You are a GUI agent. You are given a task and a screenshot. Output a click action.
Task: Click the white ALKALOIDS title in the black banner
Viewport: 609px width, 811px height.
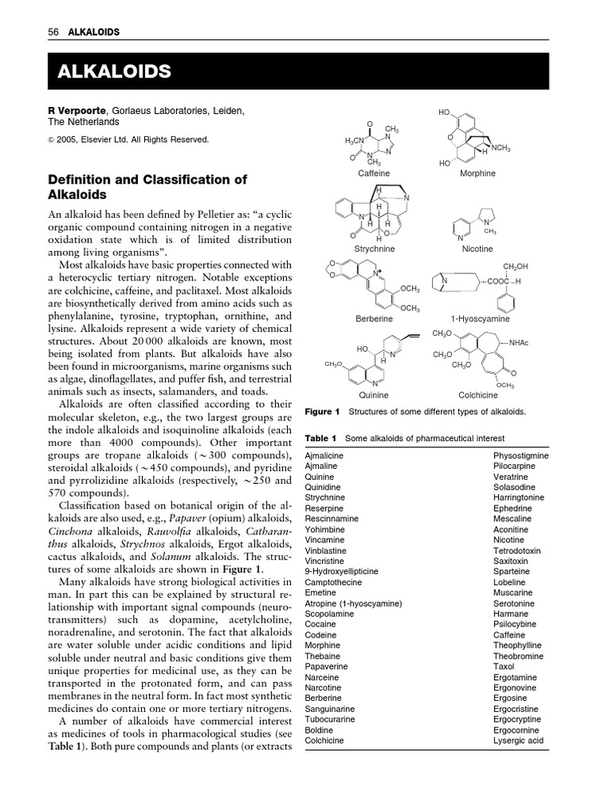(114, 72)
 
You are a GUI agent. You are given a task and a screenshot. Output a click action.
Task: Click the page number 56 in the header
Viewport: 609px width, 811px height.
(54, 32)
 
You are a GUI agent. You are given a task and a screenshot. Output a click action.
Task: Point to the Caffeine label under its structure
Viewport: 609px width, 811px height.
(374, 173)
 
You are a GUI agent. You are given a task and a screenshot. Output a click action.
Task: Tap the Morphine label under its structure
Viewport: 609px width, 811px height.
(477, 173)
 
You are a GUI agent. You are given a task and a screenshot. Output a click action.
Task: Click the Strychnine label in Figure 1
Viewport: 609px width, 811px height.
(374, 249)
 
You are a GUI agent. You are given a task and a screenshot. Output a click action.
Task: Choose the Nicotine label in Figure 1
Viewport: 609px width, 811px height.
(477, 249)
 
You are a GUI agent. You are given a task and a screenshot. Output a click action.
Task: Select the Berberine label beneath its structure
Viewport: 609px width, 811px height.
(374, 319)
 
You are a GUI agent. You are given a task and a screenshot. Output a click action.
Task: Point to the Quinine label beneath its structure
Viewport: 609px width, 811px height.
(374, 394)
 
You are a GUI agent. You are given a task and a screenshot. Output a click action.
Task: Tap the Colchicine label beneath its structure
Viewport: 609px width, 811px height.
(478, 394)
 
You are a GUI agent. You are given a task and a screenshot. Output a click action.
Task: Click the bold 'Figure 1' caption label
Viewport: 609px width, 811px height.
(322, 412)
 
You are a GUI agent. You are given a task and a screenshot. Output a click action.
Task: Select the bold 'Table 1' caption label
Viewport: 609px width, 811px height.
(321, 438)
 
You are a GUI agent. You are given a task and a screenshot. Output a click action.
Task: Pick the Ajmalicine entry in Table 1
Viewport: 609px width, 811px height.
(324, 456)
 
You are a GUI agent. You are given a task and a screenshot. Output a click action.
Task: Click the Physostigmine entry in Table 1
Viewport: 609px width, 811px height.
(520, 456)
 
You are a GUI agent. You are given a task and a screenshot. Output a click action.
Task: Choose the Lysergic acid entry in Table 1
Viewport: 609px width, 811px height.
(518, 741)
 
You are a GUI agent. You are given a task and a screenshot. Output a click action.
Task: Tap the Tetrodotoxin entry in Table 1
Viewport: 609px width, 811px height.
(517, 550)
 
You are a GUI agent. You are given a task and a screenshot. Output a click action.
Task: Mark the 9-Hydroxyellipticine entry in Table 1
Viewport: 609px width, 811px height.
(342, 571)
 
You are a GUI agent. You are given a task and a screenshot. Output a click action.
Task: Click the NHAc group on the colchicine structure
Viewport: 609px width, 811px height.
(519, 342)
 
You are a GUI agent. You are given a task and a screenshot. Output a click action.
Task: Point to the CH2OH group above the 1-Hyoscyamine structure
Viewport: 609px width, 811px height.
(515, 267)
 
